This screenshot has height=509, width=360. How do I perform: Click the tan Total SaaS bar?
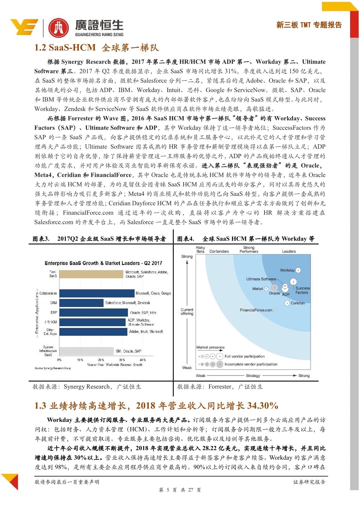tap(91, 274)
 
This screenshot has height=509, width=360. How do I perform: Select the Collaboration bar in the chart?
tap(97, 293)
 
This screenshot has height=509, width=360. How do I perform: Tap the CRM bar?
tap(82, 303)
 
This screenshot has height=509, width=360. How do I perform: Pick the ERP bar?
tap(94, 313)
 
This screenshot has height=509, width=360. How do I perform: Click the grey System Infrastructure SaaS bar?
tap(86, 351)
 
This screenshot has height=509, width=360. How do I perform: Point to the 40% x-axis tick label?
tap(143, 360)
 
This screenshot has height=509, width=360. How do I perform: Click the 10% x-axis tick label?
tap(80, 360)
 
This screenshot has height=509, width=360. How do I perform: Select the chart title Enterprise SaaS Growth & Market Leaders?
tap(103, 263)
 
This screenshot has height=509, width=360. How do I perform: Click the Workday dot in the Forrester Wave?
tap(298, 270)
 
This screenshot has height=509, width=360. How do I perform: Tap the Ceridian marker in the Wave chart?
tap(287, 303)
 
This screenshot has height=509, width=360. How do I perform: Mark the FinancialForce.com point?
tap(275, 310)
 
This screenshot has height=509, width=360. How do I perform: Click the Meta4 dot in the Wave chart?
tap(266, 289)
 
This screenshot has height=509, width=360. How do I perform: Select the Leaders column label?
tap(289, 251)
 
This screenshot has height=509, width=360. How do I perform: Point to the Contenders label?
tap(219, 251)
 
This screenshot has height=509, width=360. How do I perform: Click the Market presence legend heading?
tap(210, 347)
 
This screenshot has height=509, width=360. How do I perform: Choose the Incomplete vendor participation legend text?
tap(251, 364)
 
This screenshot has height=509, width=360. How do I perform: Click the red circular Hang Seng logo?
tap(59, 28)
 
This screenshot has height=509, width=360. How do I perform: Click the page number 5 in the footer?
tap(168, 490)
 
